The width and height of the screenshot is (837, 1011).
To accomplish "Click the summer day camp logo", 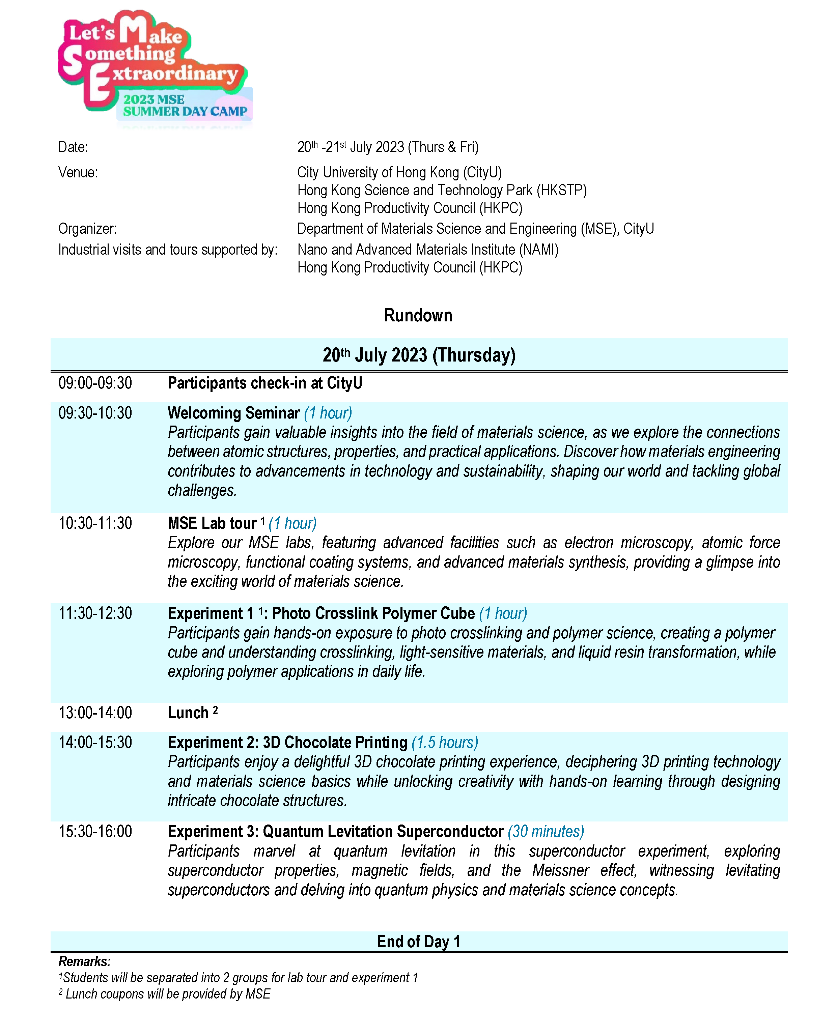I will [x=154, y=67].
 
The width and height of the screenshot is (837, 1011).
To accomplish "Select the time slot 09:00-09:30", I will [x=95, y=383].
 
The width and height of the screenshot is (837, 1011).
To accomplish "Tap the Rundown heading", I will [x=418, y=315].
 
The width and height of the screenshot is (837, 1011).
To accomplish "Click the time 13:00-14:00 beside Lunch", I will [x=95, y=713].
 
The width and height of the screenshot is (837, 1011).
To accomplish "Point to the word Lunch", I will [x=188, y=713].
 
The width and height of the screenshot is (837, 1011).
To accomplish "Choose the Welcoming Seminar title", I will [x=233, y=413].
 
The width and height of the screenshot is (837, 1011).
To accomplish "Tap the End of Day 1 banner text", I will [x=418, y=941].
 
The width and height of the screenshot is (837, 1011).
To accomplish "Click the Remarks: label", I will [x=84, y=961].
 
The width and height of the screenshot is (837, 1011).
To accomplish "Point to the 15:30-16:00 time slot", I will [x=95, y=831].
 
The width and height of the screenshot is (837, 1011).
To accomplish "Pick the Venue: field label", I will [x=78, y=172].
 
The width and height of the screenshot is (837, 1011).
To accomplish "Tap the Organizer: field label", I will [x=87, y=229].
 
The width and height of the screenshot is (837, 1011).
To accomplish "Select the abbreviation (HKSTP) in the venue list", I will [x=561, y=190].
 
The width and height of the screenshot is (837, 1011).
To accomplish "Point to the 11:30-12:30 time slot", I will [x=95, y=613].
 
